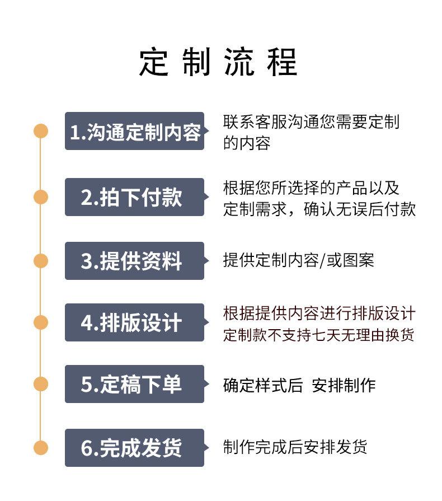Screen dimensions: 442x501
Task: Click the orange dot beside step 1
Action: [41, 131]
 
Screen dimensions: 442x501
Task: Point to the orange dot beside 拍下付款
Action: [41, 197]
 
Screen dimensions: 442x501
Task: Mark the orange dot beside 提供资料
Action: [41, 261]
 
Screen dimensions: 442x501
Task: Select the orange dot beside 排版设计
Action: [41, 322]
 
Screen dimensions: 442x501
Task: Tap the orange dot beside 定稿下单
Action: [41, 384]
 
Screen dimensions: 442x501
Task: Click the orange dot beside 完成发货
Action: [41, 448]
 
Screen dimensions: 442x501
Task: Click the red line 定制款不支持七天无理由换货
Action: [318, 335]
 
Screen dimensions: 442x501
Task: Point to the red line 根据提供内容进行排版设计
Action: [319, 313]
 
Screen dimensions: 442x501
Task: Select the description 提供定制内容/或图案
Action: [298, 260]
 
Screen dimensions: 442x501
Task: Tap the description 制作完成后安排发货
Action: [295, 447]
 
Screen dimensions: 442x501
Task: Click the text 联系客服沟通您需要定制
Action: [311, 122]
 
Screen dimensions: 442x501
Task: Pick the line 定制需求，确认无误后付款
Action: [319, 209]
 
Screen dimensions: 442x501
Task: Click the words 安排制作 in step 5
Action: [344, 385]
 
